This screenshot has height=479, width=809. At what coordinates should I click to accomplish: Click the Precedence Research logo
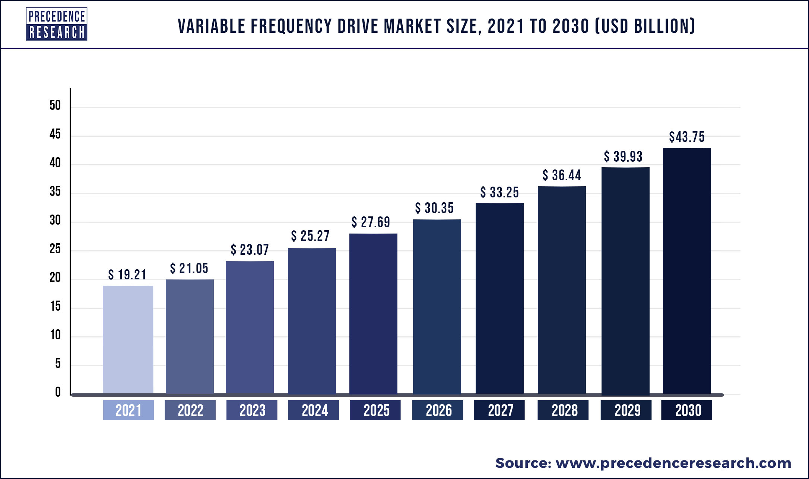tap(57, 24)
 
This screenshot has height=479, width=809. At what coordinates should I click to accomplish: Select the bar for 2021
tap(128, 340)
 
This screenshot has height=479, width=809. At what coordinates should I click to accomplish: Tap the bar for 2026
tap(437, 307)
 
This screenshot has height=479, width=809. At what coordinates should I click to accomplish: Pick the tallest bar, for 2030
tap(687, 271)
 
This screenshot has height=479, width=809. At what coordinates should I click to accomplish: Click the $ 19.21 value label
tap(127, 275)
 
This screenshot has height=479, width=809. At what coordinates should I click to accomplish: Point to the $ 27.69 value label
tap(371, 222)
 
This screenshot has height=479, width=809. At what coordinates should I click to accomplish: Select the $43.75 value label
tap(687, 137)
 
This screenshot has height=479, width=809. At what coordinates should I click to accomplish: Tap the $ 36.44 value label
tap(562, 175)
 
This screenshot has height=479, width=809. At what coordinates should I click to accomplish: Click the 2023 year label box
tap(252, 410)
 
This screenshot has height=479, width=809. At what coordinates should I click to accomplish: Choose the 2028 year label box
tap(563, 410)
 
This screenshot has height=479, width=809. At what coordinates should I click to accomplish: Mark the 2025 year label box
tap(375, 410)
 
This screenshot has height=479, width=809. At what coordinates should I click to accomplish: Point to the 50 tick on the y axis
tap(55, 105)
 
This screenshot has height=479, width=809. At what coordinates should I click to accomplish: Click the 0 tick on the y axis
tap(58, 392)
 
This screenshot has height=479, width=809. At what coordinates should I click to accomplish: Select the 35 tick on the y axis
tap(55, 191)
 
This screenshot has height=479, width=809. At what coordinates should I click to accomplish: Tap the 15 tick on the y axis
tap(55, 306)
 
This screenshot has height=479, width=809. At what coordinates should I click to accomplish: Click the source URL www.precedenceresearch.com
tap(673, 463)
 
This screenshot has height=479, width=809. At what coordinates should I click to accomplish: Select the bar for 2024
tap(312, 321)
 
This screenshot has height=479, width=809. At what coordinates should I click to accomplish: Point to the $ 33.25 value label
tap(499, 193)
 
